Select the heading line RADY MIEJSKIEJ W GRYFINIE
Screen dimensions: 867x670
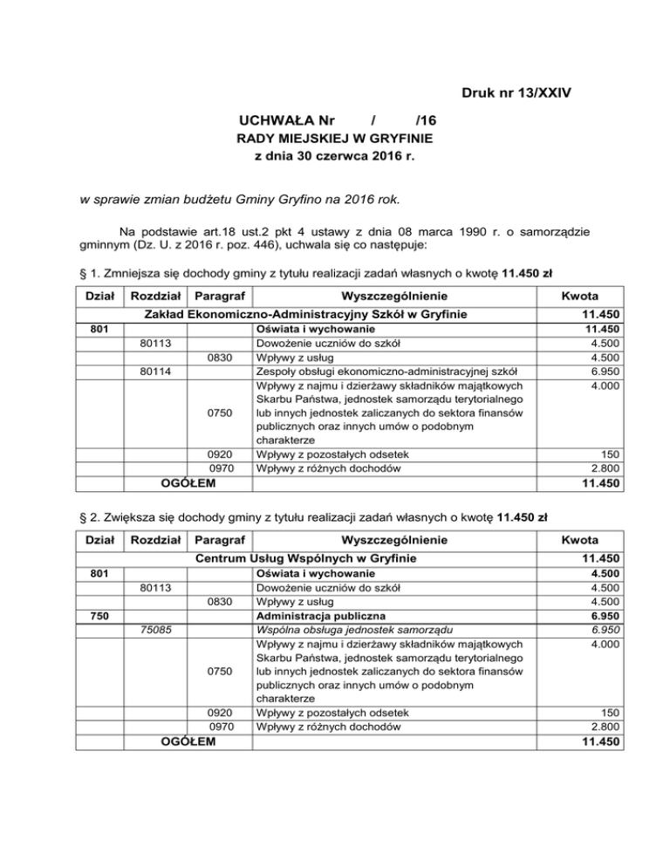point(335,139)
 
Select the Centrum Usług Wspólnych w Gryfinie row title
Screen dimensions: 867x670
point(305,557)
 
